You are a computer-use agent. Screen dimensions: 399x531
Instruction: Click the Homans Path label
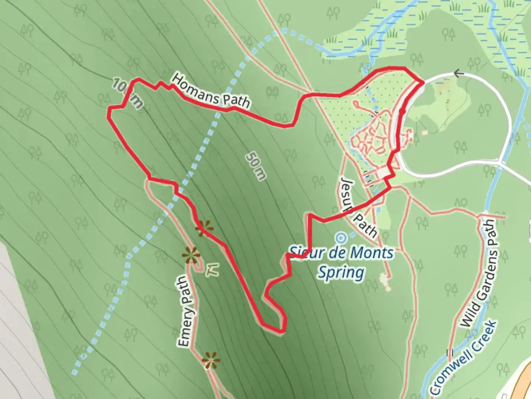pyautogui.click(x=211, y=91)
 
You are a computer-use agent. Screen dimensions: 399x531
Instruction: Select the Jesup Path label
pyautogui.click(x=358, y=207)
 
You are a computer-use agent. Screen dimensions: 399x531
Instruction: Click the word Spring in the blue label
pyautogui.click(x=341, y=273)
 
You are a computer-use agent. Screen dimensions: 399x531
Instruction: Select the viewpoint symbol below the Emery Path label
pyautogui.click(x=211, y=359)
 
